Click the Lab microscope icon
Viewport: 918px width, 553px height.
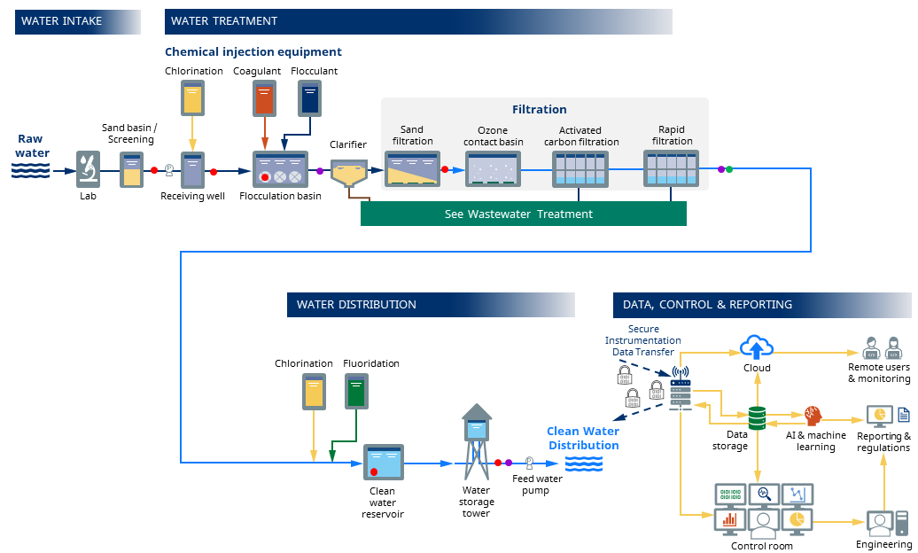pyautogui.click(x=87, y=168)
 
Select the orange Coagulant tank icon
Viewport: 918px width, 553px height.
pyautogui.click(x=264, y=97)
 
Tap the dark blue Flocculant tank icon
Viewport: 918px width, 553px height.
pyautogui.click(x=309, y=97)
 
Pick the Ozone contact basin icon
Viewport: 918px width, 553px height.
pyautogui.click(x=494, y=168)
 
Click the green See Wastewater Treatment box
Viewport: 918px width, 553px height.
pyautogui.click(x=523, y=214)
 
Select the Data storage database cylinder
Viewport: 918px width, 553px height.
pyautogui.click(x=757, y=417)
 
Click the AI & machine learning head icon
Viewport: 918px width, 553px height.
pyautogui.click(x=813, y=416)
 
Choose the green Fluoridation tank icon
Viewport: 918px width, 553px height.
pyautogui.click(x=355, y=391)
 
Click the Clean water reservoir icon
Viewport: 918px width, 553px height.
pyautogui.click(x=383, y=462)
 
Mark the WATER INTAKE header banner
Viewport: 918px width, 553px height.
pyautogui.click(x=77, y=21)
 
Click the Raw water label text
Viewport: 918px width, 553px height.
pyautogui.click(x=30, y=145)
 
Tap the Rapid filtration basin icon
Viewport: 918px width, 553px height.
pyautogui.click(x=671, y=168)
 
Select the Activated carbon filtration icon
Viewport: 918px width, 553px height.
pyautogui.click(x=580, y=168)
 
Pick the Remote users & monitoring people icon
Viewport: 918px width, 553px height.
pyautogui.click(x=881, y=347)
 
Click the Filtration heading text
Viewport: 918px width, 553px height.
pyautogui.click(x=539, y=110)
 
